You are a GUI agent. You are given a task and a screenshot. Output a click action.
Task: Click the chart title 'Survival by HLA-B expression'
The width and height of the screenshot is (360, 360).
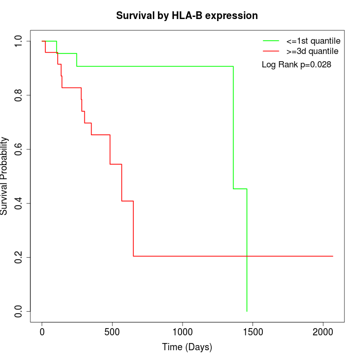[187, 15]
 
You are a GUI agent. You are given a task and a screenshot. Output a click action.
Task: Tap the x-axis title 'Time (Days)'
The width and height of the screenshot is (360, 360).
[187, 347]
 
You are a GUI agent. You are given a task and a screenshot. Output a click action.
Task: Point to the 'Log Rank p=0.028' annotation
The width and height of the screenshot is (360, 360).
[296, 65]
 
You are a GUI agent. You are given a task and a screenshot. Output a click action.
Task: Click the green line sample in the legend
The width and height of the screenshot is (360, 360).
[271, 41]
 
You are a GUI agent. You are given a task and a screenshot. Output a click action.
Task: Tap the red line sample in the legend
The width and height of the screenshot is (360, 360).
[271, 51]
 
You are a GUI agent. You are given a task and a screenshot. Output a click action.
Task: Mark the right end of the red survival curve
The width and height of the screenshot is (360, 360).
[333, 256]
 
